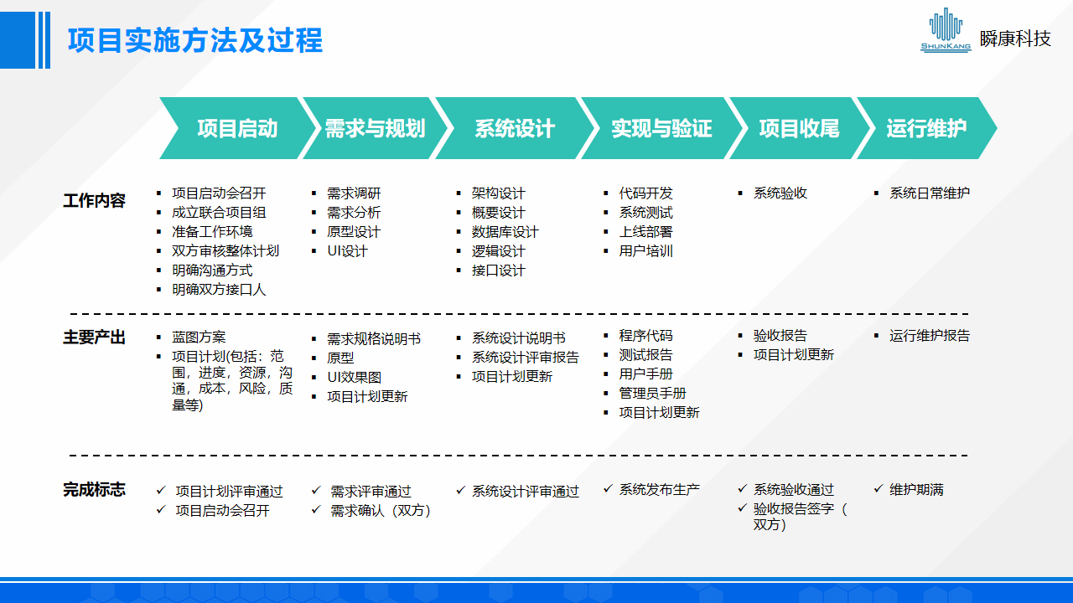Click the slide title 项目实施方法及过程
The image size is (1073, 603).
(194, 40)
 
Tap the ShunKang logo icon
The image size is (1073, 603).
(946, 31)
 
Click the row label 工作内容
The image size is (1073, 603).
(94, 201)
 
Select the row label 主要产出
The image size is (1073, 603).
(94, 338)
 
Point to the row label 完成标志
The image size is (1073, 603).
(94, 490)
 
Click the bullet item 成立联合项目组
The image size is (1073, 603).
(219, 213)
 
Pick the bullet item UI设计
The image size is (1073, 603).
(347, 251)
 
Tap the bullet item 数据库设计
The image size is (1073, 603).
(505, 232)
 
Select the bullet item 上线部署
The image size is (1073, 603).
(645, 232)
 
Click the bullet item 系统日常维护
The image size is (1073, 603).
(929, 193)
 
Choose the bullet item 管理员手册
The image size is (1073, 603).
(652, 394)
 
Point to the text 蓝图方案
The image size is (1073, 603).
(199, 338)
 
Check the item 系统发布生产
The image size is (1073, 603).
(659, 490)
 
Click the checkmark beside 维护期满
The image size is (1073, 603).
(879, 489)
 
